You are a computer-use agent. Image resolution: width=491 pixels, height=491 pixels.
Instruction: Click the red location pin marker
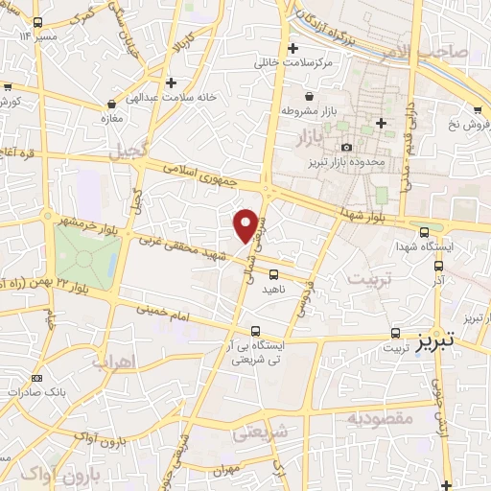tap(246, 224)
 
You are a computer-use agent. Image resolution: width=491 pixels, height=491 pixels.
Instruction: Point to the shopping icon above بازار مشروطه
tap(310, 97)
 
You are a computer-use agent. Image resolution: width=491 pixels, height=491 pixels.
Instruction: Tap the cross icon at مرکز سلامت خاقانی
tap(292, 47)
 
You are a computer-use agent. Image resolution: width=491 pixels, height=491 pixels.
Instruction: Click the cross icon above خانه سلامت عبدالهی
tap(171, 82)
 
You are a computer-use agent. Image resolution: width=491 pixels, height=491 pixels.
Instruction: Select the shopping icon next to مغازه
tap(112, 104)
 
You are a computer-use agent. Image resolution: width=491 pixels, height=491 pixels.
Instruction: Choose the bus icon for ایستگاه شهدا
tap(425, 232)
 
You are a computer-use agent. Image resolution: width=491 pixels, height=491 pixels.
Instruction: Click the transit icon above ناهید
tap(247, 274)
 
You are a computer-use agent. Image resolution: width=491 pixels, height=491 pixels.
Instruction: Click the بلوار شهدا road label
tap(366, 214)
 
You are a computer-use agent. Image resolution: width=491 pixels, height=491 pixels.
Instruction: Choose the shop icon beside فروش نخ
tap(479, 108)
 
